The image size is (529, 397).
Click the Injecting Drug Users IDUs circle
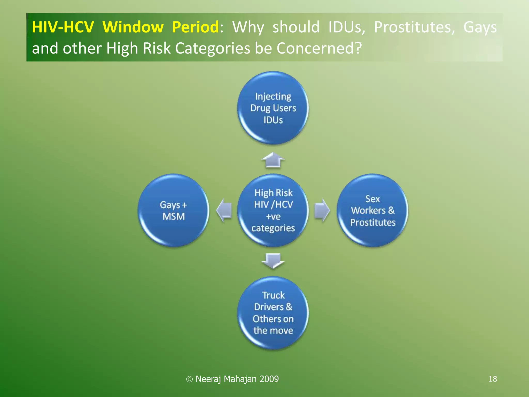coord(273,108)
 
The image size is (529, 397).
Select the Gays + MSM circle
coord(173,210)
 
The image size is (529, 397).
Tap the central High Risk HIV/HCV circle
coord(273,210)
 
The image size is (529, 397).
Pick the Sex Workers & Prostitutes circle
coord(372,210)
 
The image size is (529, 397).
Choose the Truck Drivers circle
coord(273,313)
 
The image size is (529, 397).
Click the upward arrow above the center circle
coord(273,160)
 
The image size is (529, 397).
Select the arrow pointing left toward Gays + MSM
coord(224,210)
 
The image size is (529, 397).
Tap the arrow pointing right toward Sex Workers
coord(322,210)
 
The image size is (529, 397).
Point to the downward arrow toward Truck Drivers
coord(273,261)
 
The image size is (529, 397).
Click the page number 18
coord(493,379)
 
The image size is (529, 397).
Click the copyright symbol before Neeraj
coord(189,379)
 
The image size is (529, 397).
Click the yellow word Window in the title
coord(133,27)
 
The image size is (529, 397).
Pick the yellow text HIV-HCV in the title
coord(63,27)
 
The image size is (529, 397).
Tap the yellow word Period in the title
coord(196,27)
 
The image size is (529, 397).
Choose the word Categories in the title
coord(213,48)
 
